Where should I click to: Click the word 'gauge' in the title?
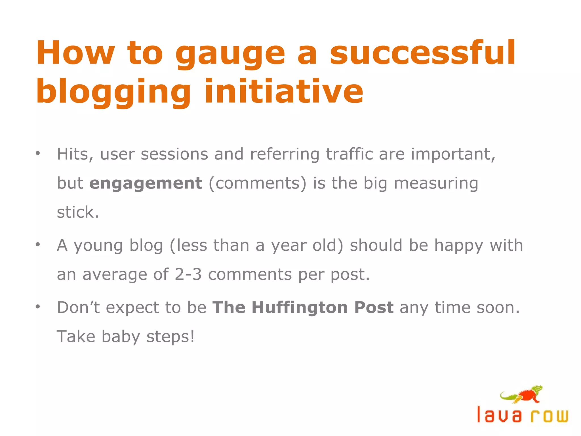[x=230, y=54]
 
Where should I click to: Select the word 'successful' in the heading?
[x=422, y=53]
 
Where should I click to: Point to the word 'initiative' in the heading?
[x=283, y=91]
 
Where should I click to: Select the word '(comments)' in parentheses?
[x=258, y=183]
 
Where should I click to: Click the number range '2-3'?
[x=188, y=274]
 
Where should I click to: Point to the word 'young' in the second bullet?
[x=98, y=246]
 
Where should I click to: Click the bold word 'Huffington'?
[x=300, y=307]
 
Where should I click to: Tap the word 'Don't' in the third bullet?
[x=78, y=307]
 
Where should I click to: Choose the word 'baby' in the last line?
[x=121, y=337]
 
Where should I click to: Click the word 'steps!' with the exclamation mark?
[x=170, y=337]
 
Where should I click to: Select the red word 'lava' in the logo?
[x=499, y=415]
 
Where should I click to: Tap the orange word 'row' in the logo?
[x=550, y=416]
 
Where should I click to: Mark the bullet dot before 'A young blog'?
[x=38, y=244]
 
